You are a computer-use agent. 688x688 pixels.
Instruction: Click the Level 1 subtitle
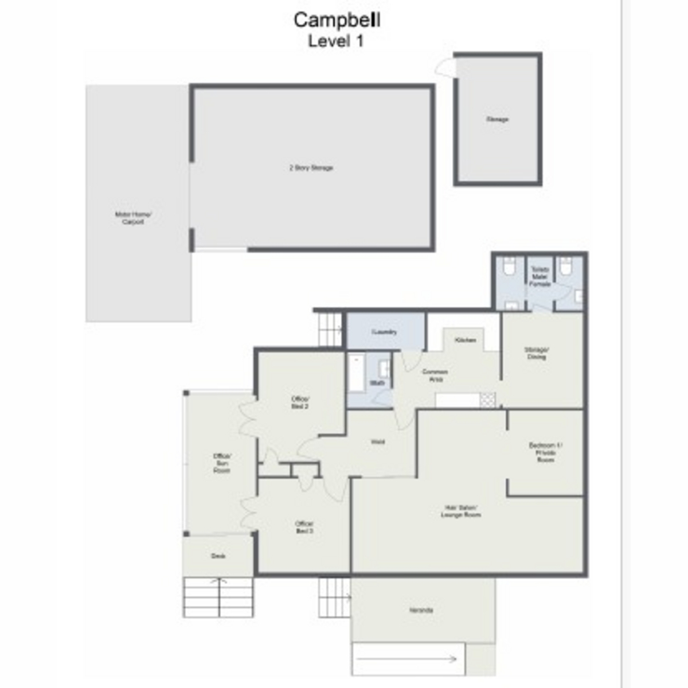tap(335, 41)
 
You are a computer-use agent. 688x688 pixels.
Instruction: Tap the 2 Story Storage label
tap(311, 168)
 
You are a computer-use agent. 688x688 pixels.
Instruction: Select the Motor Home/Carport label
tap(133, 218)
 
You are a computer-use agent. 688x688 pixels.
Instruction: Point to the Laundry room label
tap(384, 332)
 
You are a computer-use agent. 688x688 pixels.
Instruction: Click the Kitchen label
tap(465, 341)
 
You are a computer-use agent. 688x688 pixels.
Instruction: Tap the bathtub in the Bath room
tap(357, 373)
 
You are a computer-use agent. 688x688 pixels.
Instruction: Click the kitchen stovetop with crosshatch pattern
tap(487, 400)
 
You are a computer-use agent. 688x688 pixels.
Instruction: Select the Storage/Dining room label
tap(536, 353)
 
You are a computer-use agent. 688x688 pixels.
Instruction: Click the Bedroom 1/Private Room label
tap(545, 452)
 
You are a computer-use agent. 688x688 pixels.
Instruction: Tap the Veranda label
tap(421, 610)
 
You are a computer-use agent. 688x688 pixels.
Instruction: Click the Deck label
tap(218, 556)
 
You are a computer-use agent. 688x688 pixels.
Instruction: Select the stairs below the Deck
tap(218, 597)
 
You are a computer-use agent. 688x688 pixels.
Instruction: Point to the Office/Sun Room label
tap(222, 463)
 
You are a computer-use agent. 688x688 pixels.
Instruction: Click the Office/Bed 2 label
tap(300, 402)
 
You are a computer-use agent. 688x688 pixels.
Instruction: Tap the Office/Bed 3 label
tap(304, 527)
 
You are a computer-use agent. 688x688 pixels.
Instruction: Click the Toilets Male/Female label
tap(540, 276)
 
